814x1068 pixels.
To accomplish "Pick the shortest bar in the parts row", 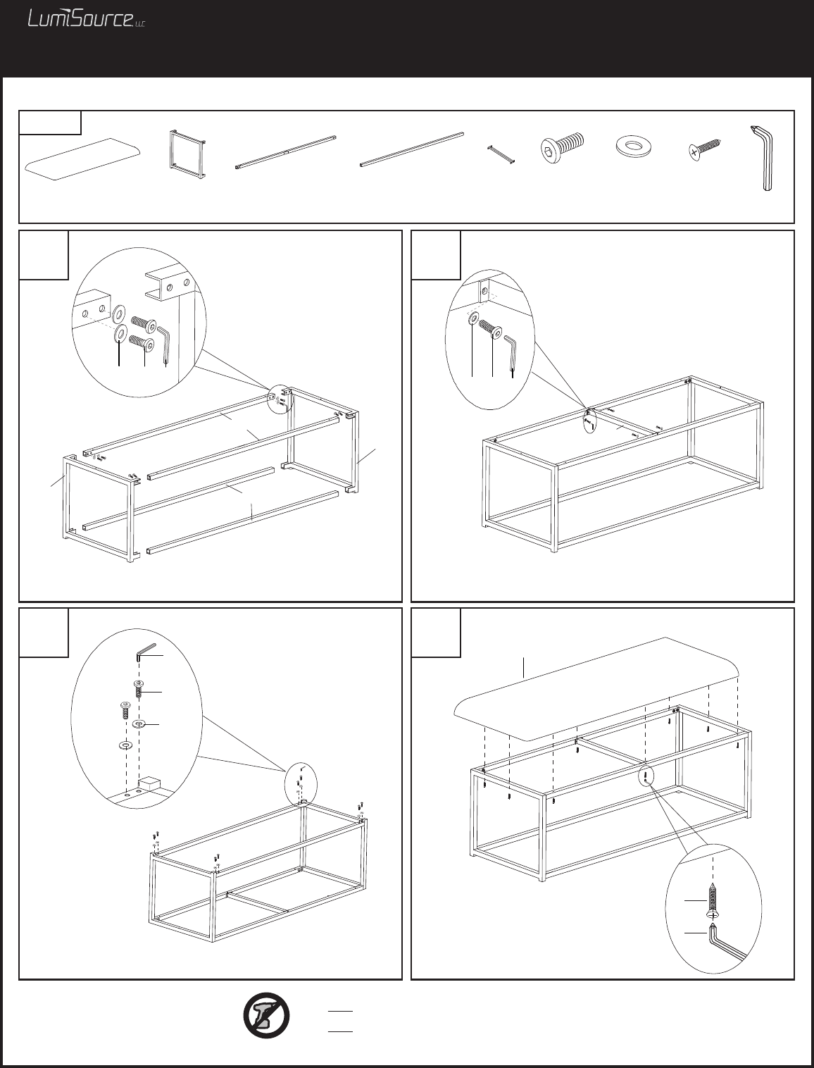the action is pos(500,154).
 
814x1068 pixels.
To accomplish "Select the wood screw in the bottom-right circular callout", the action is pos(715,900).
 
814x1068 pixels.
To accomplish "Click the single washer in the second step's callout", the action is pos(473,319).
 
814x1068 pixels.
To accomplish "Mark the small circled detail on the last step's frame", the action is pos(646,777).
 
